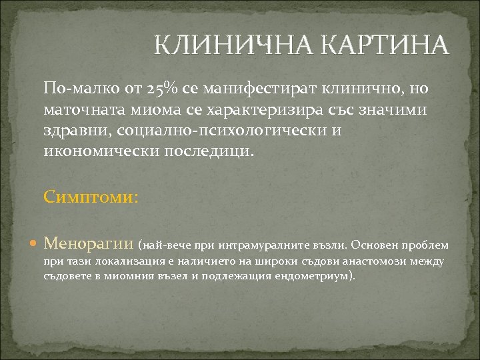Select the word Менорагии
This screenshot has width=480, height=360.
[x=89, y=245]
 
